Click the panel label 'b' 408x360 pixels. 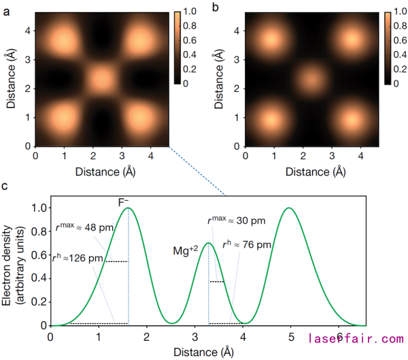[216, 8]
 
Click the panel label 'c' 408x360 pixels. [6, 186]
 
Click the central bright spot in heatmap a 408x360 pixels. [101, 79]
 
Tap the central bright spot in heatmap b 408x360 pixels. [311, 79]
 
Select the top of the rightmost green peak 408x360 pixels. [290, 208]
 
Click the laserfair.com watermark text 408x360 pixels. [356, 338]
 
